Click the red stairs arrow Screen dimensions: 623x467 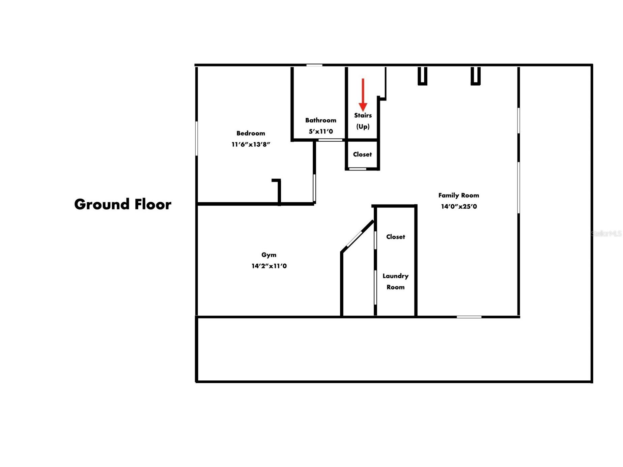tap(363, 95)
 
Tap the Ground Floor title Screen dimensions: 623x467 tap(123, 204)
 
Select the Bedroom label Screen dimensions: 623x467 tap(251, 133)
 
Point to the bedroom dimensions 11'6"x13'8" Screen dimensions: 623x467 tap(251, 144)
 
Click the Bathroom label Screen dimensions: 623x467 tap(321, 120)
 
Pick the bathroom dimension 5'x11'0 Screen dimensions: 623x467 tap(321, 132)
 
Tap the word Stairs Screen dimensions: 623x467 tap(363, 115)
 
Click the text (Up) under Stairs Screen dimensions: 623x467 tap(363, 126)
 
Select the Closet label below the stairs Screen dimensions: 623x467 tap(362, 154)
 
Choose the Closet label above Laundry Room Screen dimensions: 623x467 tap(395, 237)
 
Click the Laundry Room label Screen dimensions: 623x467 tap(395, 282)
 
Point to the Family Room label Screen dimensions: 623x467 tap(459, 195)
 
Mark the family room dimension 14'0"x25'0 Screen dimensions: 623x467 tap(459, 206)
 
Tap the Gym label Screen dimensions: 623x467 tap(269, 255)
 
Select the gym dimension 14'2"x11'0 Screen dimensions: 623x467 tap(269, 266)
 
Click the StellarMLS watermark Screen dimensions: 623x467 tap(606, 233)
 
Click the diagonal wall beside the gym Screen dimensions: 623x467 tap(358, 236)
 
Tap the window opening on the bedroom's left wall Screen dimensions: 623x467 tap(197, 139)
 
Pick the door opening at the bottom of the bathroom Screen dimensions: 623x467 tap(331, 140)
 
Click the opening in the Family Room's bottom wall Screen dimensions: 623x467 tap(469, 317)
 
